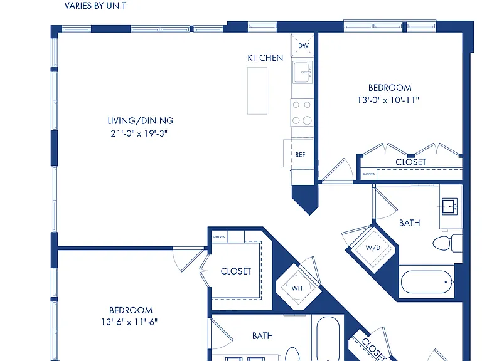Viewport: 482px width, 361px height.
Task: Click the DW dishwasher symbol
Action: [302, 45]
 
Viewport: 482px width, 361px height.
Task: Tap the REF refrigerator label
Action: [300, 155]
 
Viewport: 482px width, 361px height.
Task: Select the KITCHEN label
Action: [265, 58]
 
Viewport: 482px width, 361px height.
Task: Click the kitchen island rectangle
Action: [257, 91]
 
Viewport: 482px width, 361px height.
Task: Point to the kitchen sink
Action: [303, 73]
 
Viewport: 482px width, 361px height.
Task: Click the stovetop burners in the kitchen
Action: [302, 113]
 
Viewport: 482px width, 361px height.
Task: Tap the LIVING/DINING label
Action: [141, 120]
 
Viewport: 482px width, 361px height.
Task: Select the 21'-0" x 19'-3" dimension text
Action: [139, 133]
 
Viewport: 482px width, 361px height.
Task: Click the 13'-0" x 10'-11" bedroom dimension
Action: [388, 100]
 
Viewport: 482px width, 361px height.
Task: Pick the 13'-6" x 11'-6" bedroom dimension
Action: [129, 322]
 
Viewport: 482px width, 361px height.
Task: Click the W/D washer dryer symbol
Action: [373, 248]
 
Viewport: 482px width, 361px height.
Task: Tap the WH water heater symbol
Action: [297, 288]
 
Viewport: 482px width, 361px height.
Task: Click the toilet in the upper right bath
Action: [447, 243]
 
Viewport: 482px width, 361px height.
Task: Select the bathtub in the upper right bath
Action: [427, 282]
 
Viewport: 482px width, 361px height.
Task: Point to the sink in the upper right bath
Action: [450, 206]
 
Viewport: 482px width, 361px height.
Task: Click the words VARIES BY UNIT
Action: [95, 6]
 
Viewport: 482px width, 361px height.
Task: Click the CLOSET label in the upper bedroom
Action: [410, 162]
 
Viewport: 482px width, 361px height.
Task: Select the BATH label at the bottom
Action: [262, 336]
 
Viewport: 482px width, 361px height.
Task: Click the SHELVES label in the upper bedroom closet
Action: [368, 174]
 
